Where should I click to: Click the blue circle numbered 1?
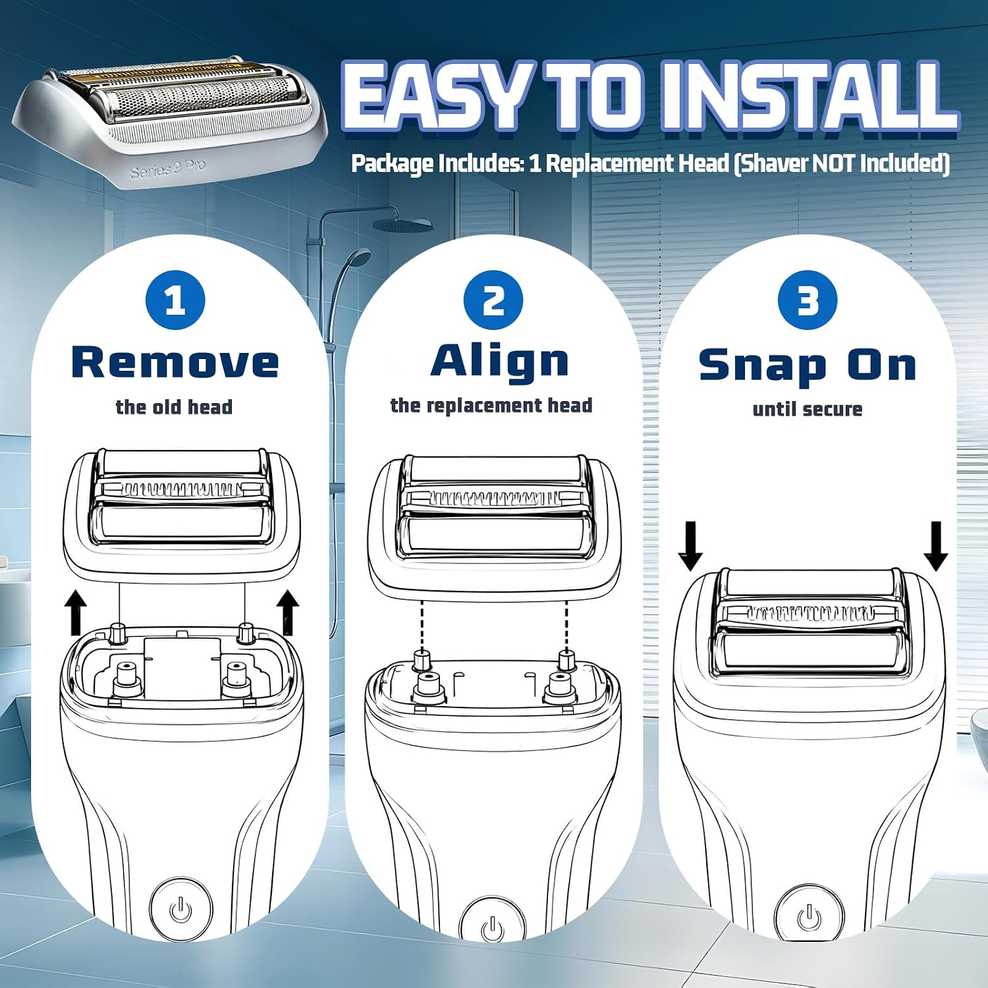pos(175,300)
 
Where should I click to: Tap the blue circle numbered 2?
pos(493,300)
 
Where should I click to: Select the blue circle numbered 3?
pos(808,300)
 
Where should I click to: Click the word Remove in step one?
pos(175,363)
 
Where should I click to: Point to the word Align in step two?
pos(500,363)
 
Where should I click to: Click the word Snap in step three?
pos(763,366)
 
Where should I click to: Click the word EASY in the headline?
pos(435,97)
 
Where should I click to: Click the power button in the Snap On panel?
pos(809,916)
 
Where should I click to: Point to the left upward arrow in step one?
pos(77,613)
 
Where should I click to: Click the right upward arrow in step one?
pos(288,613)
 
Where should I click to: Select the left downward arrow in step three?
pos(690,546)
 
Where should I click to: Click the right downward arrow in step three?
pos(936,546)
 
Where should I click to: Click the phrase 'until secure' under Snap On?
pos(808,409)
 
